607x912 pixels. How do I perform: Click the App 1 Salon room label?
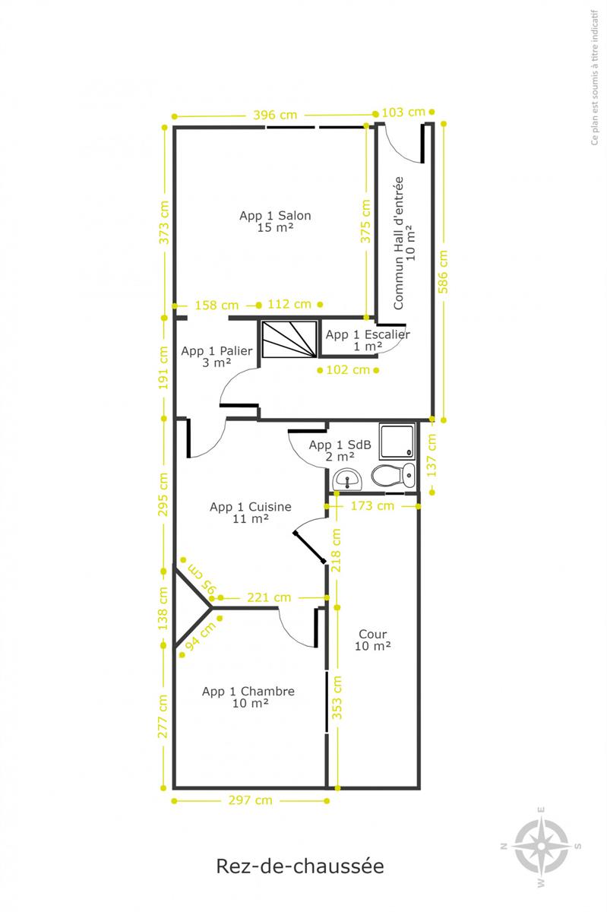tap(275, 221)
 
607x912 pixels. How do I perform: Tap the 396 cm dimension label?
tap(275, 115)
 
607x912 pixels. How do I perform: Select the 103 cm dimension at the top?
tap(403, 112)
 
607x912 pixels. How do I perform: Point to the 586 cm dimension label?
tap(443, 271)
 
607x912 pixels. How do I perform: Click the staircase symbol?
tap(289, 340)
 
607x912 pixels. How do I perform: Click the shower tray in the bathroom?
tap(397, 442)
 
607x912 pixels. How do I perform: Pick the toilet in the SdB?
tap(394, 475)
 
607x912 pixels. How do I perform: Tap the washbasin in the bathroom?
tap(347, 480)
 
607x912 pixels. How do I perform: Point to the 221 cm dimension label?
tap(269, 597)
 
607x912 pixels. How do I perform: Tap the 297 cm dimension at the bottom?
tap(250, 800)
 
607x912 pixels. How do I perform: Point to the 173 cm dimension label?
tap(372, 505)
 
